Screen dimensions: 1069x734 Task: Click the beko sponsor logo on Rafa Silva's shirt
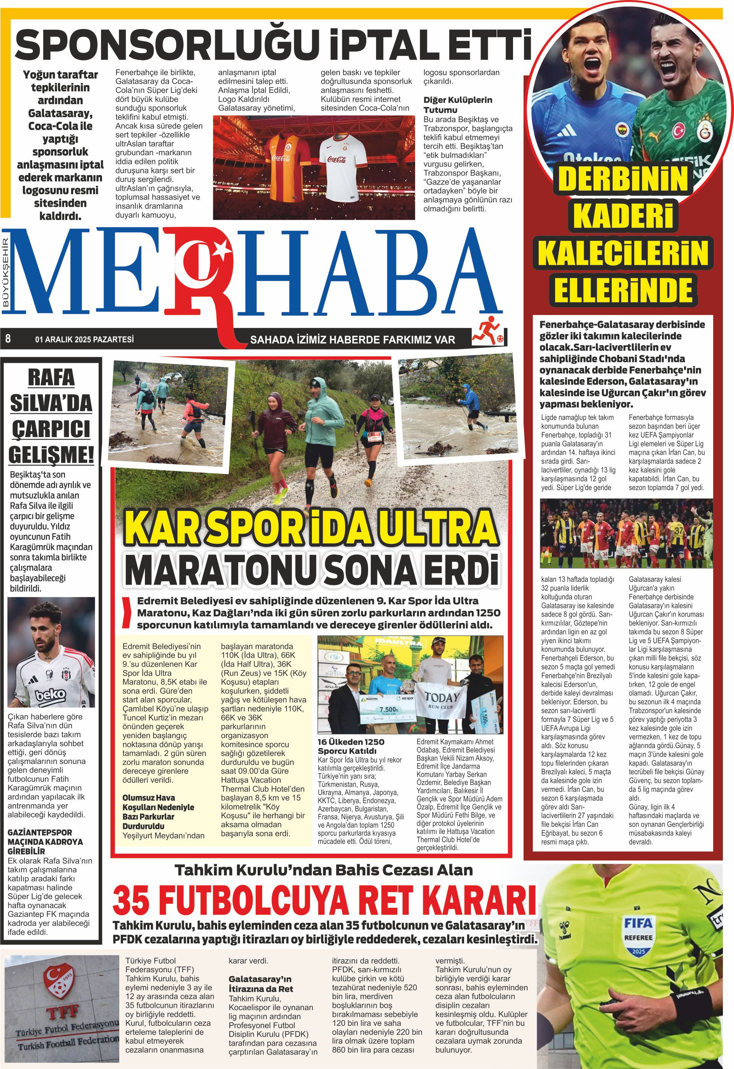click(x=51, y=696)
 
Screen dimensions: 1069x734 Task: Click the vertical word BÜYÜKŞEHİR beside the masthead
click(x=6, y=271)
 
